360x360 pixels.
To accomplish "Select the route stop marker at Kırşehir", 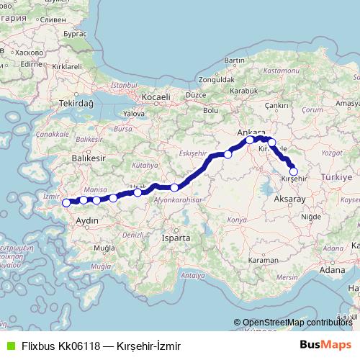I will click(292, 171).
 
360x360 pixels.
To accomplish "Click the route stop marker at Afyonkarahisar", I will click(174, 187).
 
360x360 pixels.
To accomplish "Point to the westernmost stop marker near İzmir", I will click(67, 202).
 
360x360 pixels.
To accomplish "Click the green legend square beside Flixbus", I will click(9, 346).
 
